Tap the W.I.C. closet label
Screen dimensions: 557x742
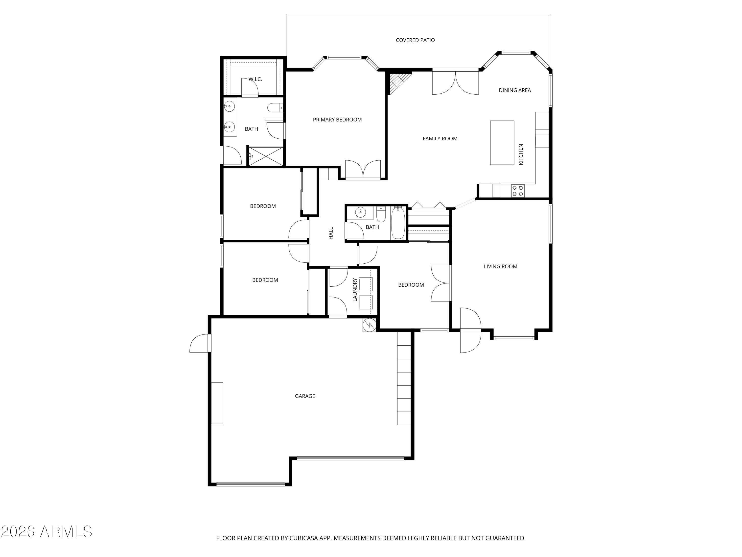(x=255, y=79)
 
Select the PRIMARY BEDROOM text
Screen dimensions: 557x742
(x=337, y=120)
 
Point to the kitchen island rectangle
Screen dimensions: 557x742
(x=502, y=143)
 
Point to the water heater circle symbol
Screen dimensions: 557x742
(x=369, y=325)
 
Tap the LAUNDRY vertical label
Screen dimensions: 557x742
(x=355, y=289)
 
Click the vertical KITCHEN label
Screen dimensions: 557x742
(x=521, y=154)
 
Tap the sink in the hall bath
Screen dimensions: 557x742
(x=361, y=212)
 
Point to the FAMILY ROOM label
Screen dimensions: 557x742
(x=440, y=139)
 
